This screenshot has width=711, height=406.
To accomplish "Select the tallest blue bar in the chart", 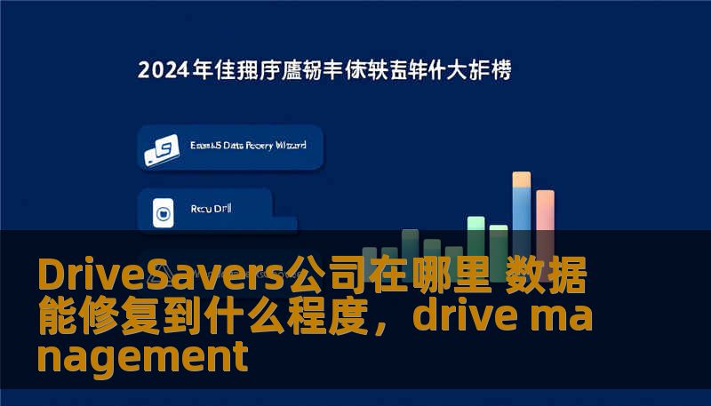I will click(522, 218).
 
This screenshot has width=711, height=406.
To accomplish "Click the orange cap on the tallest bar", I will click(522, 179).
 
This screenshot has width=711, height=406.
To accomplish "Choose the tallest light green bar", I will click(476, 234).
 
